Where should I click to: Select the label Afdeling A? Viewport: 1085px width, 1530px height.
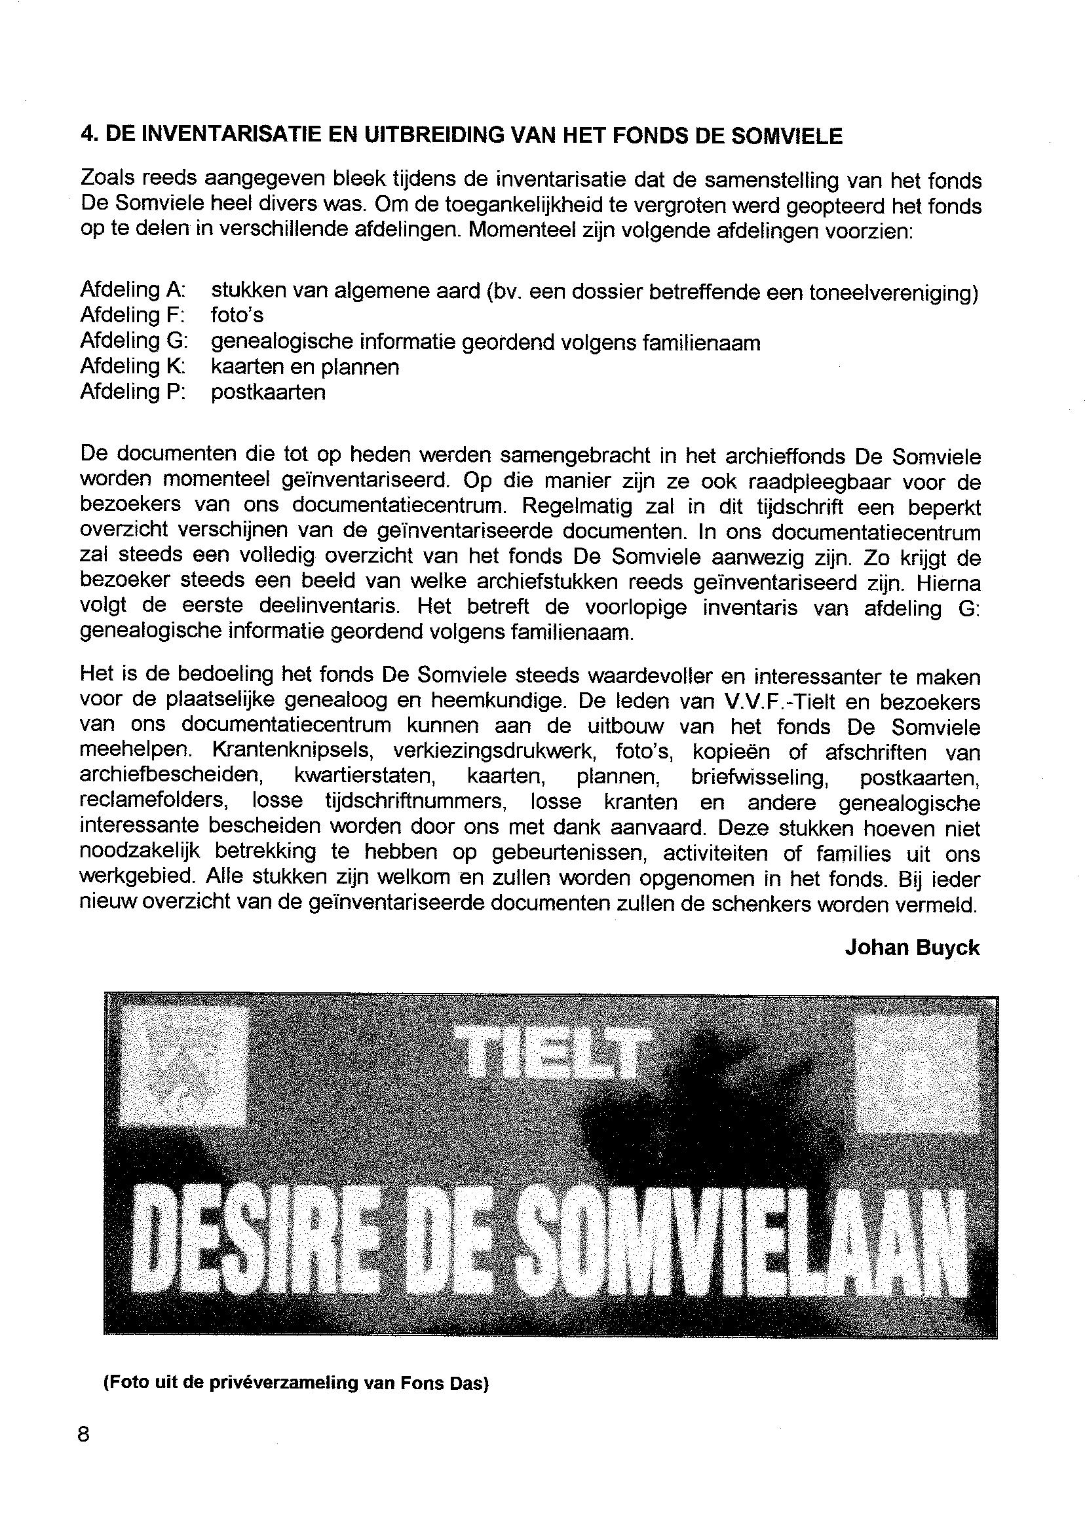click(x=133, y=290)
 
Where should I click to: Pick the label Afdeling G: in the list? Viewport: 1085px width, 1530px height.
click(x=134, y=341)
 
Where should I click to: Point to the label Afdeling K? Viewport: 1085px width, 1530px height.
click(x=132, y=366)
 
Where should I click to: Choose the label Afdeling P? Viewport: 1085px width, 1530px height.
click(x=132, y=392)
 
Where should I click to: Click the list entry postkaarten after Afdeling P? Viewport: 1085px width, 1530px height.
click(x=269, y=392)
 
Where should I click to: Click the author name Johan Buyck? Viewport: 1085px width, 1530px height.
click(x=912, y=948)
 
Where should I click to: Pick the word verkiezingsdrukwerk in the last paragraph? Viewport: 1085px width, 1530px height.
click(x=495, y=753)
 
